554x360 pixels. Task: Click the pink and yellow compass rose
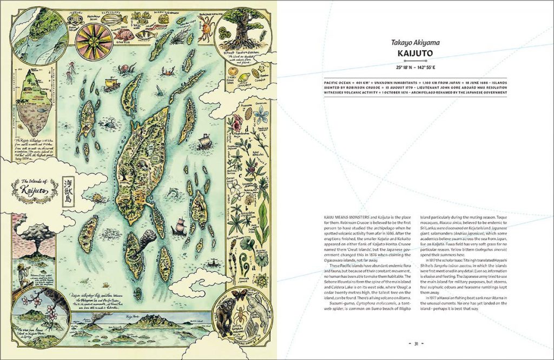[x=94, y=42]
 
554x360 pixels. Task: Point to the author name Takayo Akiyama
[x=415, y=42]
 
